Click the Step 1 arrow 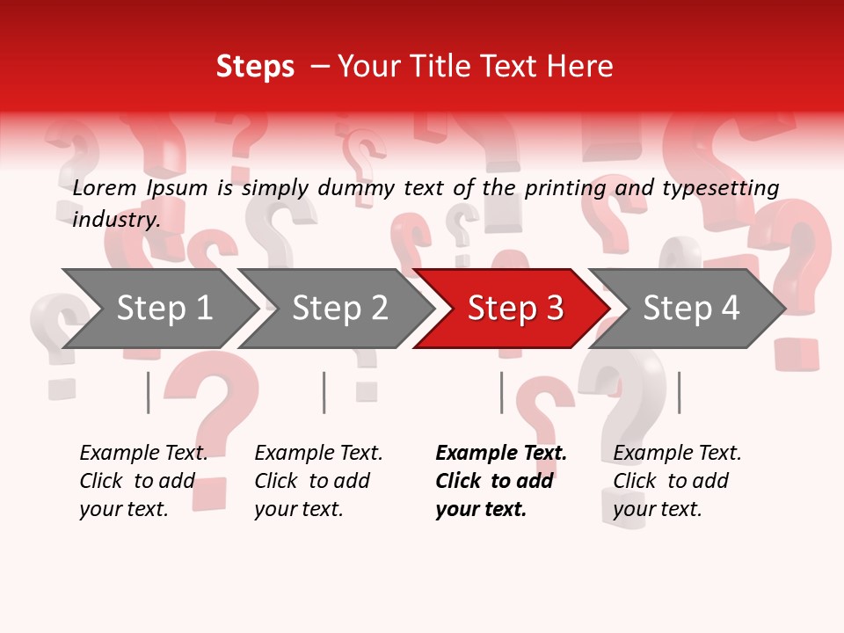click(163, 309)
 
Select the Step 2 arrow click(338, 309)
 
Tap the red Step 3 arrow click(514, 309)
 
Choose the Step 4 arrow click(690, 309)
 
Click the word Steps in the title click(255, 67)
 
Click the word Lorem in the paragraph click(105, 187)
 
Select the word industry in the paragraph click(115, 219)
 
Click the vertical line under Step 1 click(149, 392)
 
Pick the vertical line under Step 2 click(324, 392)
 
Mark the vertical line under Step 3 click(502, 392)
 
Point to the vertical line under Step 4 click(679, 392)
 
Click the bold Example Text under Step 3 click(501, 454)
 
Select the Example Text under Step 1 click(143, 454)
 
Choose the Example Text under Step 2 click(318, 454)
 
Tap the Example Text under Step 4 click(677, 454)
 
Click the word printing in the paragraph click(564, 188)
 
